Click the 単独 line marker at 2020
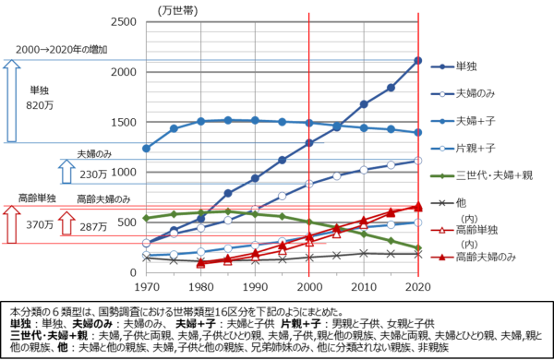click(x=418, y=61)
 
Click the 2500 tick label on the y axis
click(x=128, y=21)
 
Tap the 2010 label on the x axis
click(x=364, y=288)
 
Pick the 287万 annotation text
click(x=93, y=224)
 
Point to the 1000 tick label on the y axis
click(x=128, y=172)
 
